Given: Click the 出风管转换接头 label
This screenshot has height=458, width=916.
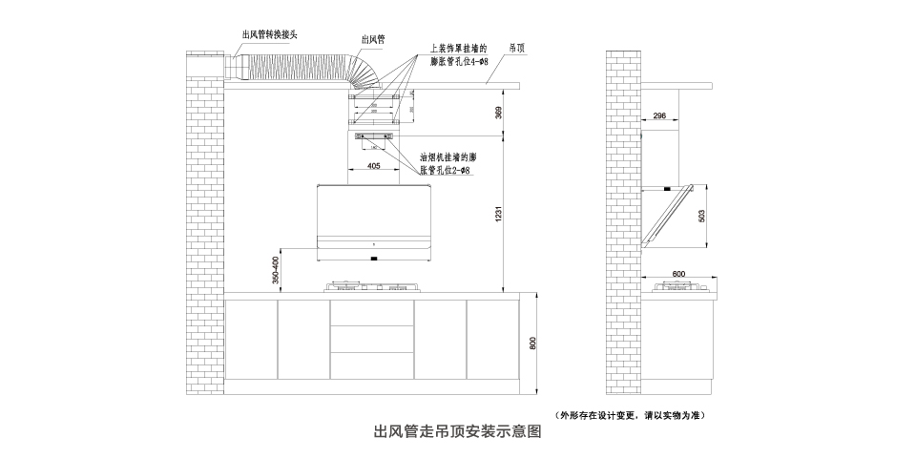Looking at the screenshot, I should tap(270, 34).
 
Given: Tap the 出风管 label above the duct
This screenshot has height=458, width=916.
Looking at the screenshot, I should tap(373, 39).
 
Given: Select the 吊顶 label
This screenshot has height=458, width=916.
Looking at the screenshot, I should tap(517, 46).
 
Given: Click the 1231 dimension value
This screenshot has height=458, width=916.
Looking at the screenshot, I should tap(498, 216).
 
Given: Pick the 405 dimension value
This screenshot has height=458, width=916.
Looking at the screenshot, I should tap(374, 167).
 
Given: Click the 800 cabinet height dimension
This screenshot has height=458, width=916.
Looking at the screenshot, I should tap(533, 344).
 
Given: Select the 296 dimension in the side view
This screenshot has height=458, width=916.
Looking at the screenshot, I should tap(659, 116).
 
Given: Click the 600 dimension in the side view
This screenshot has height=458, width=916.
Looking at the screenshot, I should tap(678, 275).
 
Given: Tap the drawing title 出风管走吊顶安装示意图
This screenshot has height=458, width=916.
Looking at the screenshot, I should tap(457, 431).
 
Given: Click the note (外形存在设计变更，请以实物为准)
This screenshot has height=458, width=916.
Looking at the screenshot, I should tap(631, 415).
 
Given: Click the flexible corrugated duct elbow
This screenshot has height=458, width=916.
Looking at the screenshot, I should tap(364, 71).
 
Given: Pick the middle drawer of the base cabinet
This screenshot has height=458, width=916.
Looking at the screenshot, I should tap(372, 340).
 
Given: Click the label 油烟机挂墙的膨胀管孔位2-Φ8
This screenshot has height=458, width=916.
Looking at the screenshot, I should tap(448, 162).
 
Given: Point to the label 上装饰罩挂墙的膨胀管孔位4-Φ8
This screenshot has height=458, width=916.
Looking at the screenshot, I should tap(459, 53).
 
